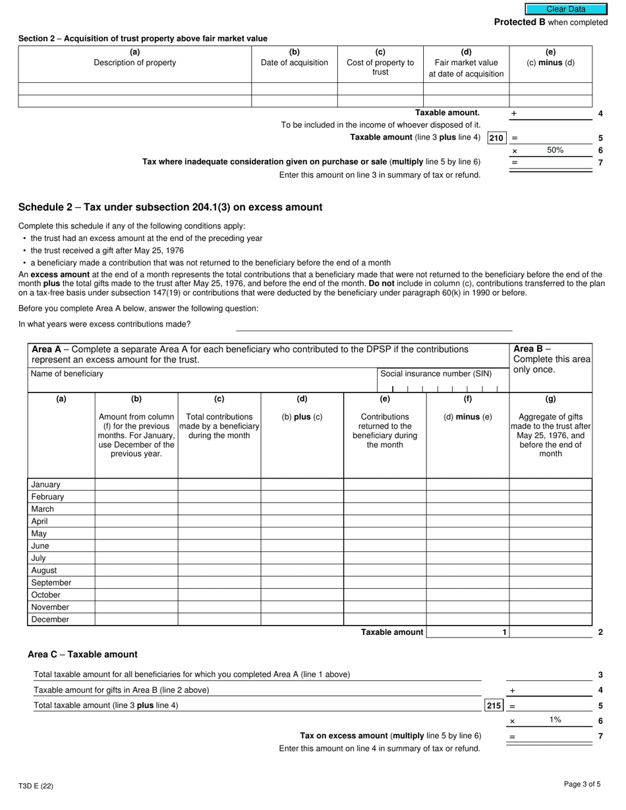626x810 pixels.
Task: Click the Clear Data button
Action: [x=565, y=9]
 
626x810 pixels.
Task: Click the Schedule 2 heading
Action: [x=170, y=207]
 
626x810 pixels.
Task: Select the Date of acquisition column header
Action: [x=294, y=63]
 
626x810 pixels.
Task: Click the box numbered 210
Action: [x=496, y=138]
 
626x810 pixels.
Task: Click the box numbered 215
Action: [x=494, y=705]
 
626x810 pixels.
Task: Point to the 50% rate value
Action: [x=555, y=150]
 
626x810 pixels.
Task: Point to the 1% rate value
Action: [x=555, y=720]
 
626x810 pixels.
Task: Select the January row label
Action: [x=45, y=485]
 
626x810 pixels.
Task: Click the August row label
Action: [x=44, y=570]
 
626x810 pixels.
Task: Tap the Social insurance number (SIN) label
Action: [x=436, y=373]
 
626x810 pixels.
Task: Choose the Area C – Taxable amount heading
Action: [x=82, y=654]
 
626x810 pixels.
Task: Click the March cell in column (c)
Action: [x=219, y=509]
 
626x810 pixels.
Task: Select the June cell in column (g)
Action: [x=550, y=546]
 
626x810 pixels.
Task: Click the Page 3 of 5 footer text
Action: [x=582, y=784]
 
